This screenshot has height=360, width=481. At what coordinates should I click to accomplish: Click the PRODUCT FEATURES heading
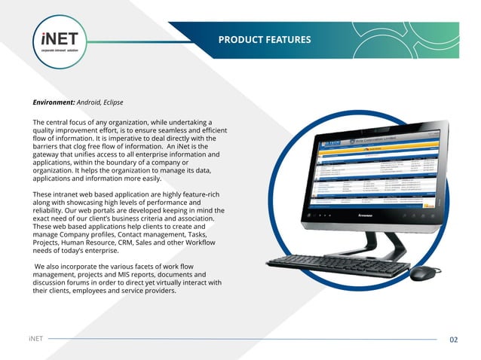264,39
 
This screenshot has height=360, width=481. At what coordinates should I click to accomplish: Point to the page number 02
453,340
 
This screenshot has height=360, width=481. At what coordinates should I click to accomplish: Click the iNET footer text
35,340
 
